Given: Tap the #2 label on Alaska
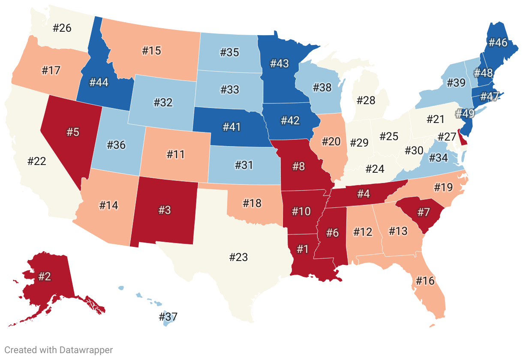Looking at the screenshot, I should (45, 276).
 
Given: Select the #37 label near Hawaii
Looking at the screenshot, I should (168, 317).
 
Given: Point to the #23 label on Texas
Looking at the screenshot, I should (238, 257).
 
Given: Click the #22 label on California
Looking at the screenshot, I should (36, 162).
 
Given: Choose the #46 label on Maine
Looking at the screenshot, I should (497, 42).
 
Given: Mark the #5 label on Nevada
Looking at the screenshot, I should (73, 132).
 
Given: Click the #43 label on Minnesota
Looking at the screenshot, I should (279, 64).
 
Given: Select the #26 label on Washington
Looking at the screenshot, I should (62, 28).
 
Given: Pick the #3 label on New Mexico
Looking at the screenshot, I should (164, 210).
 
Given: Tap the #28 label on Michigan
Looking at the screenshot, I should (366, 101).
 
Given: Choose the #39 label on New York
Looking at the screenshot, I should (456, 83).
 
